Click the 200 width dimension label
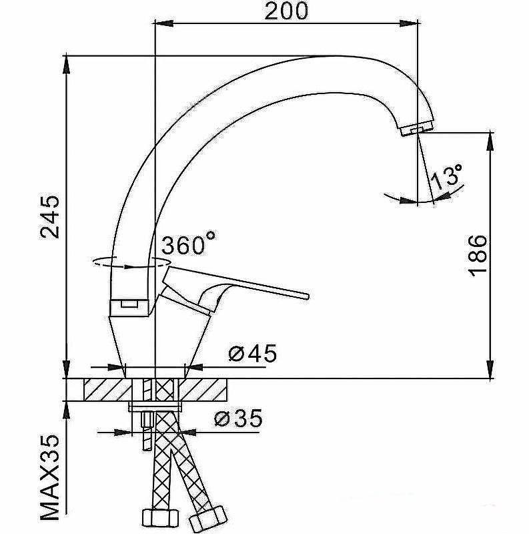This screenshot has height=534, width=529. [286, 11]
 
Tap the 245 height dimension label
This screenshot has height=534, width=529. [50, 217]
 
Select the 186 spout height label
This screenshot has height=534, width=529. [478, 255]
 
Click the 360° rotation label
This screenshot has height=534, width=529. [188, 244]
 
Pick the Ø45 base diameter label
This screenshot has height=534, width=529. [252, 353]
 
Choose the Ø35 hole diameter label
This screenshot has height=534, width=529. [238, 419]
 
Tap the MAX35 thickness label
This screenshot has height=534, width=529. [50, 483]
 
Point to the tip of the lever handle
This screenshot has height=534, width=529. [307, 296]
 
